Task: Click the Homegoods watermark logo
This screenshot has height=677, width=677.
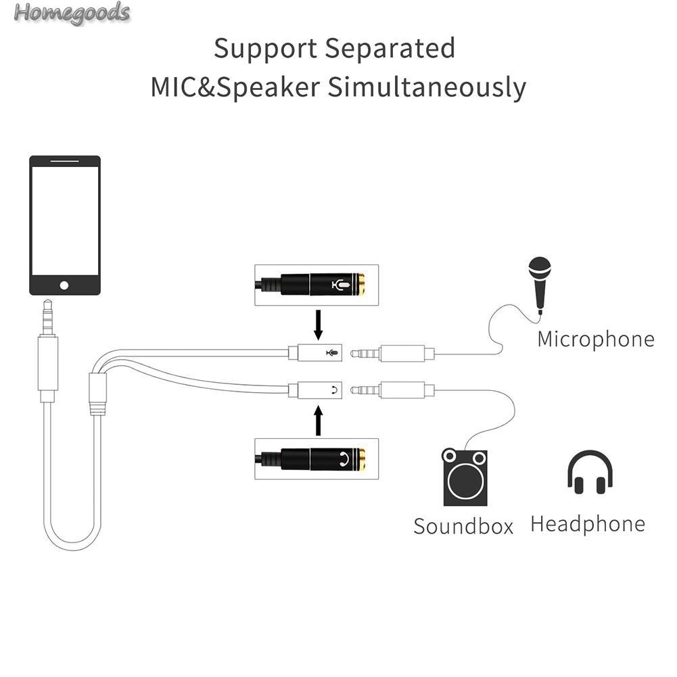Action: click(x=71, y=13)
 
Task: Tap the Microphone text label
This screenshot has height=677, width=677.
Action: click(x=595, y=339)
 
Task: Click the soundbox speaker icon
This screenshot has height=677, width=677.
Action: click(x=465, y=477)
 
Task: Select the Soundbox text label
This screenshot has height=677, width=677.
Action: click(x=463, y=526)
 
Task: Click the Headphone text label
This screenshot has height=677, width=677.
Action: click(x=587, y=523)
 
